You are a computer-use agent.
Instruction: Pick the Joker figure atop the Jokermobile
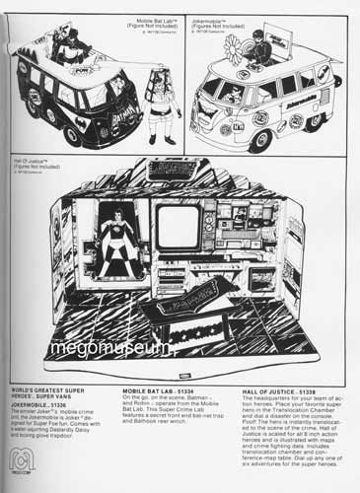coord(285,50)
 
